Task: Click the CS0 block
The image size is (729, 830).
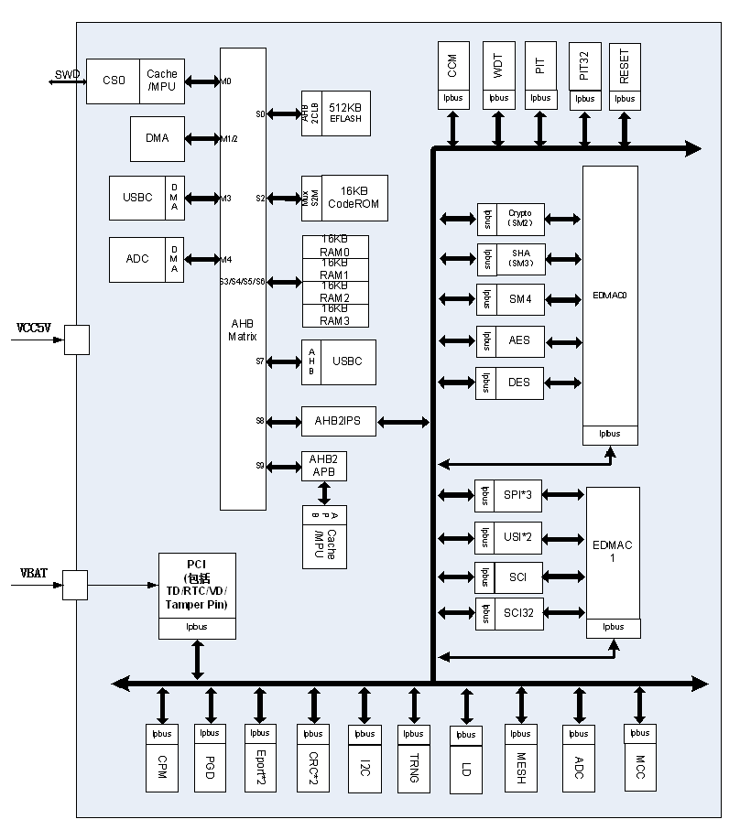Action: (x=114, y=81)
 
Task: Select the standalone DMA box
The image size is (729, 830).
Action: (x=157, y=138)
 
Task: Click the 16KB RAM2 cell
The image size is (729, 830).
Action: (x=335, y=293)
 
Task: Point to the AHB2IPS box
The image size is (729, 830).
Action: (x=337, y=421)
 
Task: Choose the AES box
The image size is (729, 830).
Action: (x=519, y=340)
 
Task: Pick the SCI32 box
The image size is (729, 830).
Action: (x=518, y=612)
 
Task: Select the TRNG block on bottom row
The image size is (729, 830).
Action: (x=414, y=768)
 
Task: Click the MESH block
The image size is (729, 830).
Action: (x=520, y=768)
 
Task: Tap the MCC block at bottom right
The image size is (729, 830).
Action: (x=640, y=768)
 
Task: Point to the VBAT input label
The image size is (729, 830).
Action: (x=33, y=574)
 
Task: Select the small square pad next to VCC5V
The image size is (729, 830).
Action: (x=76, y=340)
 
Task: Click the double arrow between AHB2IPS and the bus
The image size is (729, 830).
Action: (x=403, y=422)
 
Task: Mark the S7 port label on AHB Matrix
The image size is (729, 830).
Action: (x=260, y=361)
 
